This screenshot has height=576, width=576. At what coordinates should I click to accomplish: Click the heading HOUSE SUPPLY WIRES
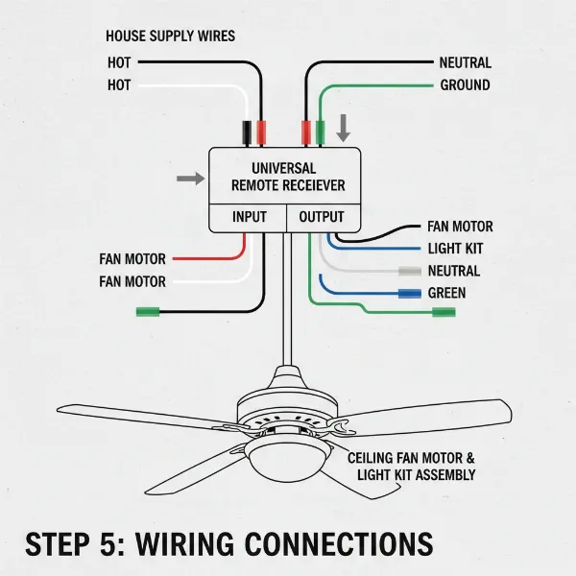coord(170,36)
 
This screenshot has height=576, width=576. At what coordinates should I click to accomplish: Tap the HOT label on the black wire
coord(120,63)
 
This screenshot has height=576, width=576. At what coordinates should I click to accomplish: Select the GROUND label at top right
coord(465,85)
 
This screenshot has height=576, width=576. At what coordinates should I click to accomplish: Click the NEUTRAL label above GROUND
coord(465,62)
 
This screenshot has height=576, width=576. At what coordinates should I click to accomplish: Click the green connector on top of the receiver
coord(320,132)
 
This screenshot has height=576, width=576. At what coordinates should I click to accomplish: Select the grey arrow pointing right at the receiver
coord(191,179)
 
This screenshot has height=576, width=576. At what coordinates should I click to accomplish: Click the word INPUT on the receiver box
coord(250,217)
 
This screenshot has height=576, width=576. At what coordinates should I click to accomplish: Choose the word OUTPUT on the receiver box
coord(321,217)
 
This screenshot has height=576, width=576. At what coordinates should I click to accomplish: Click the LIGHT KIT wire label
coord(455,249)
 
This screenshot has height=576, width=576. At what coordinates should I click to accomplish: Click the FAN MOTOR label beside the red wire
coord(132,259)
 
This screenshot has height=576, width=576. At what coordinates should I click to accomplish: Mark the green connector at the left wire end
coord(147,311)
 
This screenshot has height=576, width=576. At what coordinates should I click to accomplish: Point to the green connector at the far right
coord(444,312)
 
